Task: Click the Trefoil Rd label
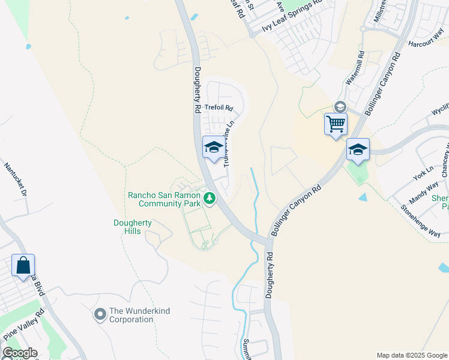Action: (218, 108)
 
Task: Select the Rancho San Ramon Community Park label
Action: (166, 199)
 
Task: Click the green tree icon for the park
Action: (209, 197)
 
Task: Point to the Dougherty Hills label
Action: (133, 227)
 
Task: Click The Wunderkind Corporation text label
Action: (131, 316)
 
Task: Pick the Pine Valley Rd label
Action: (23, 325)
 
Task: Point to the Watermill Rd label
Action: (355, 67)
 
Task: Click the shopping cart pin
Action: (336, 124)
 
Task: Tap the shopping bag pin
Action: (23, 265)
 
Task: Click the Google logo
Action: (20, 353)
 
